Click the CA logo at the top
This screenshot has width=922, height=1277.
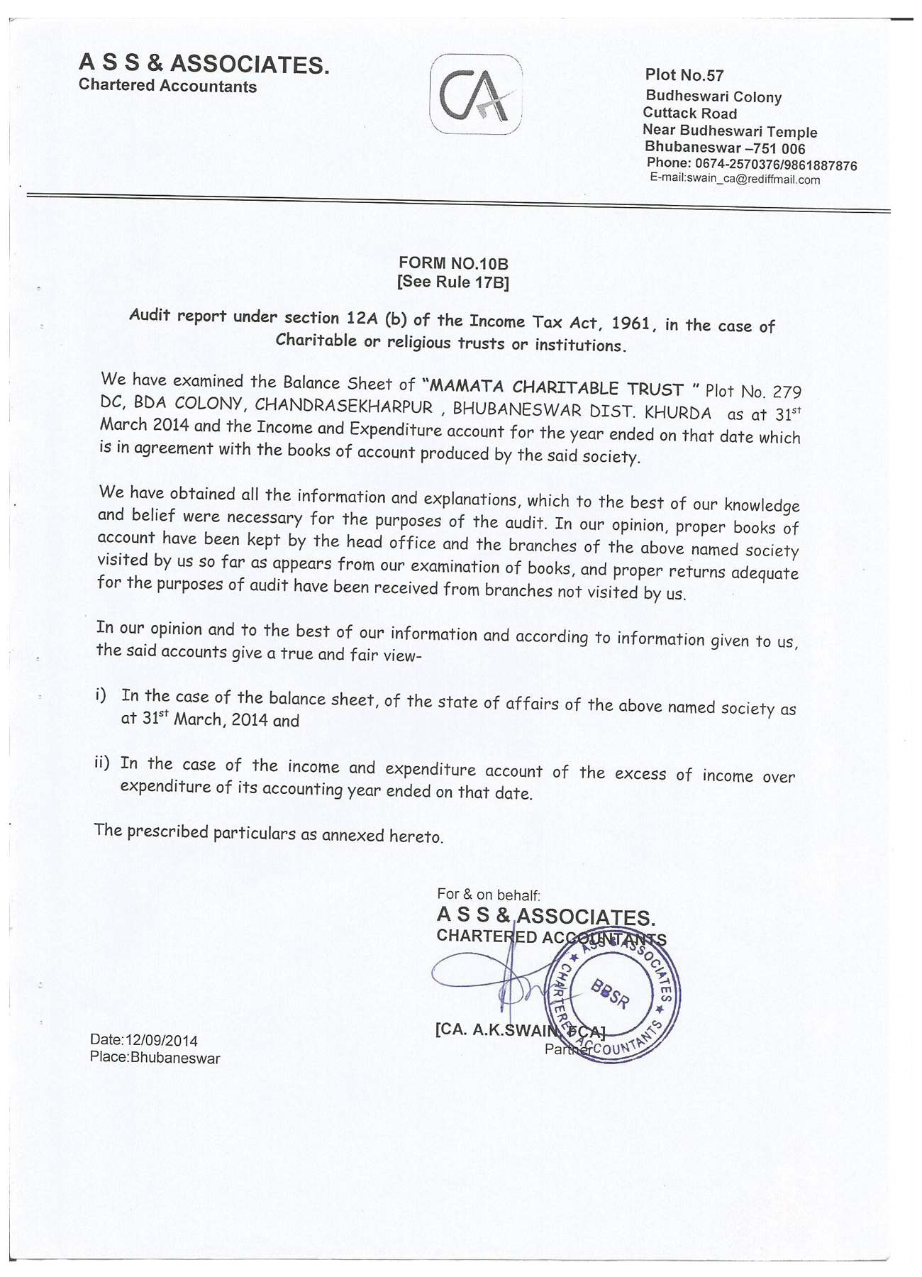[476, 94]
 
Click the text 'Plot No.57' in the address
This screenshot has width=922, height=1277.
[684, 75]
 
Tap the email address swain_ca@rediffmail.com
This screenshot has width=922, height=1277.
[752, 179]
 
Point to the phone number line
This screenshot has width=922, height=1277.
[751, 165]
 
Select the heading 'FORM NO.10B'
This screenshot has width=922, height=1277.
[453, 264]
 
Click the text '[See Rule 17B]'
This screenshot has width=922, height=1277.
[453, 282]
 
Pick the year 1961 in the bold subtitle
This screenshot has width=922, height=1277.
[630, 324]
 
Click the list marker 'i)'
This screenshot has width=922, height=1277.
[101, 695]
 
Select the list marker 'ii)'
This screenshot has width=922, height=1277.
[102, 763]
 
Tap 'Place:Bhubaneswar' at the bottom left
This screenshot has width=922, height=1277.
[155, 1058]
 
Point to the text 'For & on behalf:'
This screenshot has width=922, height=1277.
[489, 895]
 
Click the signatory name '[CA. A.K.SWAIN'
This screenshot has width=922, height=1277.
[489, 1029]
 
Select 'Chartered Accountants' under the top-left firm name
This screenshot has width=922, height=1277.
[167, 87]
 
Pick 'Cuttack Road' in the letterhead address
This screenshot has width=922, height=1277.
[689, 114]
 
